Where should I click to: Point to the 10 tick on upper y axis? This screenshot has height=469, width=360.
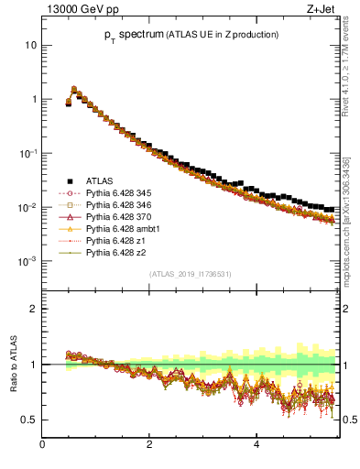click(x=31, y=45)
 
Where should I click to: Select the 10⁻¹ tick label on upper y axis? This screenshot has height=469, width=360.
click(x=28, y=153)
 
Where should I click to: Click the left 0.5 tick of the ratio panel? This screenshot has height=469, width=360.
click(x=30, y=420)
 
